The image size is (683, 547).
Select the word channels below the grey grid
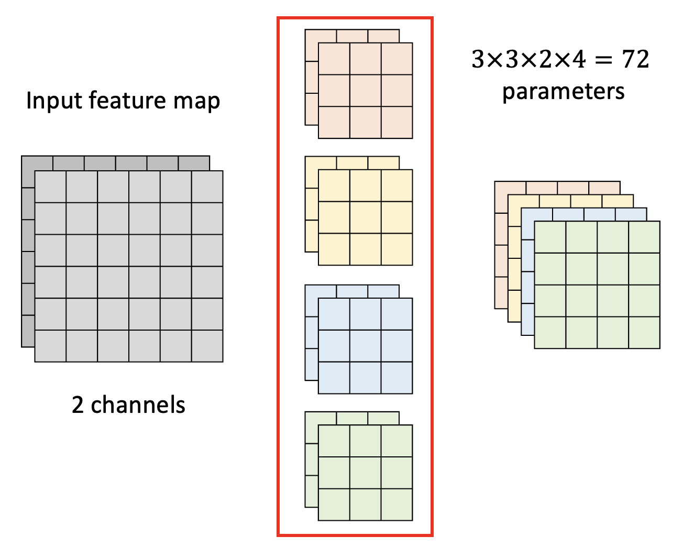coord(138,405)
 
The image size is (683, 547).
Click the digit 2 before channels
coord(78,405)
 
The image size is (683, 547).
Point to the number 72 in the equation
coord(635,59)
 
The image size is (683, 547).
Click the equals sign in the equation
coord(603,60)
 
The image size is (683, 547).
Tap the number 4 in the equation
coord(578,59)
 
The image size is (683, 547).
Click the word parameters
coord(563,92)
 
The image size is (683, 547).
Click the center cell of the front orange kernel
coord(366,91)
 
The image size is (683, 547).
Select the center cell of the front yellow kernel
coord(366,217)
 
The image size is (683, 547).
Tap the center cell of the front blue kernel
coord(366,346)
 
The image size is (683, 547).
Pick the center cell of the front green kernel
coord(366,473)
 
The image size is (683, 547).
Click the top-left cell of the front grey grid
coord(50,187)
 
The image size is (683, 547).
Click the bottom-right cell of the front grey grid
coord(207,346)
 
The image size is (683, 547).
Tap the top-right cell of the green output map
coord(644,237)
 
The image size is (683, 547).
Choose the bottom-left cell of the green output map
coord(550,333)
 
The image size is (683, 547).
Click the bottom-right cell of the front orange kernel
coord(397,123)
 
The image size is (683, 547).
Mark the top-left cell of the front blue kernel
coord(334,314)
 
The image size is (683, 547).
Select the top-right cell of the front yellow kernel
coord(397,185)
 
